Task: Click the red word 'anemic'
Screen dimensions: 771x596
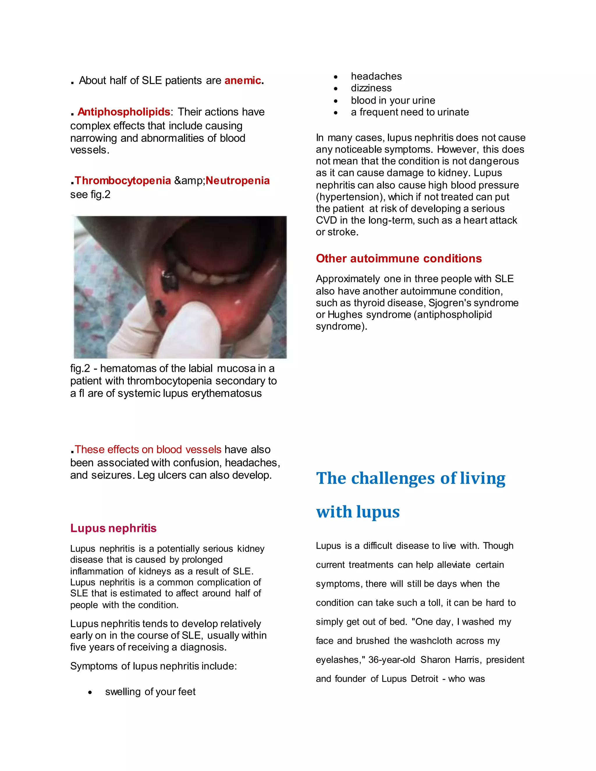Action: [243, 81]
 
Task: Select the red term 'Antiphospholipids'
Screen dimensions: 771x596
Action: [124, 112]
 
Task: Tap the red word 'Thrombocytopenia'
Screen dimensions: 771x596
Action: [123, 180]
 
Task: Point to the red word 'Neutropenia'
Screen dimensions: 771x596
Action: [238, 180]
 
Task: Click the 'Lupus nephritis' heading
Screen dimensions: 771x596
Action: [113, 528]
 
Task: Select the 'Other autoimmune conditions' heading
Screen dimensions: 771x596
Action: [399, 258]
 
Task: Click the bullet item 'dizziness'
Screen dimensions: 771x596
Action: [371, 88]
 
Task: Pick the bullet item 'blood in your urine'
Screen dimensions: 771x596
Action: [393, 100]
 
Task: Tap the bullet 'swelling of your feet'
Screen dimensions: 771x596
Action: [150, 692]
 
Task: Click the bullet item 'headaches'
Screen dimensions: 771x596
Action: [376, 76]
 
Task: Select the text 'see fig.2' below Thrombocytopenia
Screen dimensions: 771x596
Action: [91, 195]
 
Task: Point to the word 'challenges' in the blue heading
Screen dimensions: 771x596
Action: [393, 478]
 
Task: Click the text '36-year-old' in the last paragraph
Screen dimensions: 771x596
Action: [392, 660]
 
